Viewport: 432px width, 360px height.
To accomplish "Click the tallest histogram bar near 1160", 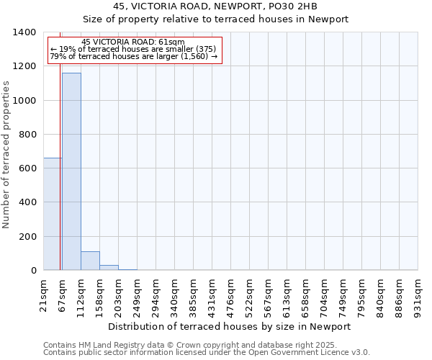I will click(71, 171).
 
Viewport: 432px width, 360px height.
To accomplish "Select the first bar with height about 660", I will click(53, 214).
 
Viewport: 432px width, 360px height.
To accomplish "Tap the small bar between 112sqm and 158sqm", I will click(90, 261).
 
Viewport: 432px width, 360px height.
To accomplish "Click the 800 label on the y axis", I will click(28, 135).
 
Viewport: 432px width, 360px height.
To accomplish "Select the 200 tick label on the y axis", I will click(28, 237).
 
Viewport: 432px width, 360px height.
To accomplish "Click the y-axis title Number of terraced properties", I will click(6, 155).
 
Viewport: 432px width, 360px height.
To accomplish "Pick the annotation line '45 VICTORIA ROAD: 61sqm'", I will click(133, 42).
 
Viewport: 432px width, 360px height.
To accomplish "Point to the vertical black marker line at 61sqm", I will click(60, 180).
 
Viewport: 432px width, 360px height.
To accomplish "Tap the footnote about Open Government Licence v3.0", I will click(207, 353).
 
